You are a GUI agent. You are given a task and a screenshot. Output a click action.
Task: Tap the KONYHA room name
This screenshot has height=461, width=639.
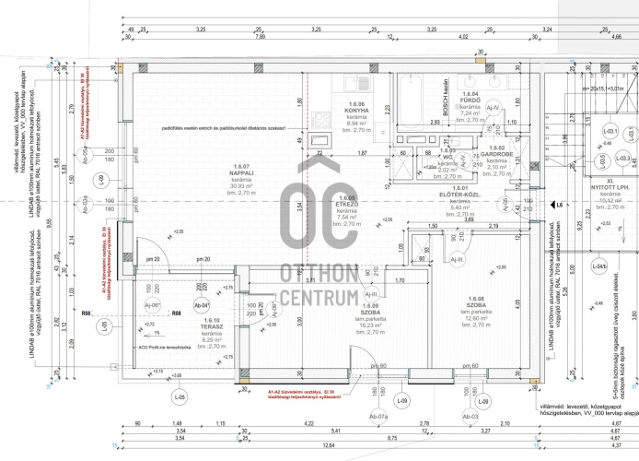356,110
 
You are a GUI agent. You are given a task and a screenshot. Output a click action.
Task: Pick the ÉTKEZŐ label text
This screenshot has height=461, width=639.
347,204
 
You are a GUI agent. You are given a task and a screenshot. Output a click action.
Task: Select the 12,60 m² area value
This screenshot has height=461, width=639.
476,319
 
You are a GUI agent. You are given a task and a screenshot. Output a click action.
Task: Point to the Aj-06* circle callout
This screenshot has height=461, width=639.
154,305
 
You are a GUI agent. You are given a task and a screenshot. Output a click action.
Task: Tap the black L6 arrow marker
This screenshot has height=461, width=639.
549,206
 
